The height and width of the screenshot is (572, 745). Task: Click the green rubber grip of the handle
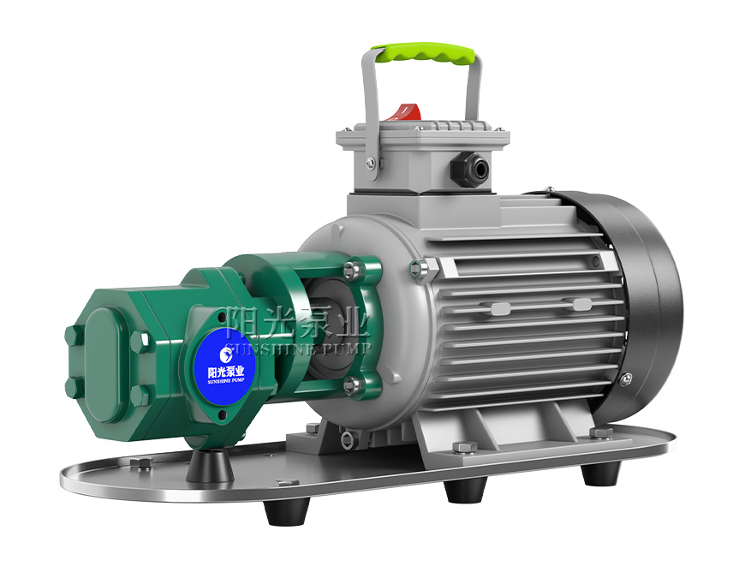click(x=423, y=53)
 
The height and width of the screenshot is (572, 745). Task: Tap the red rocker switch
click(x=403, y=112)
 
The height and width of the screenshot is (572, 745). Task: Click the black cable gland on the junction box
click(x=470, y=168)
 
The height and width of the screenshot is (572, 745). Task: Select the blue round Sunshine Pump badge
click(x=225, y=366)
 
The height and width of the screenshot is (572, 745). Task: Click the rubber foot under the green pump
click(x=210, y=467)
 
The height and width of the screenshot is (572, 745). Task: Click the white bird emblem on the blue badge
click(x=227, y=353)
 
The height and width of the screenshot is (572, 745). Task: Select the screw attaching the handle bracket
click(x=371, y=164)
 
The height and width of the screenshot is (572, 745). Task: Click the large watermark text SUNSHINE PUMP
click(x=298, y=349)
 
